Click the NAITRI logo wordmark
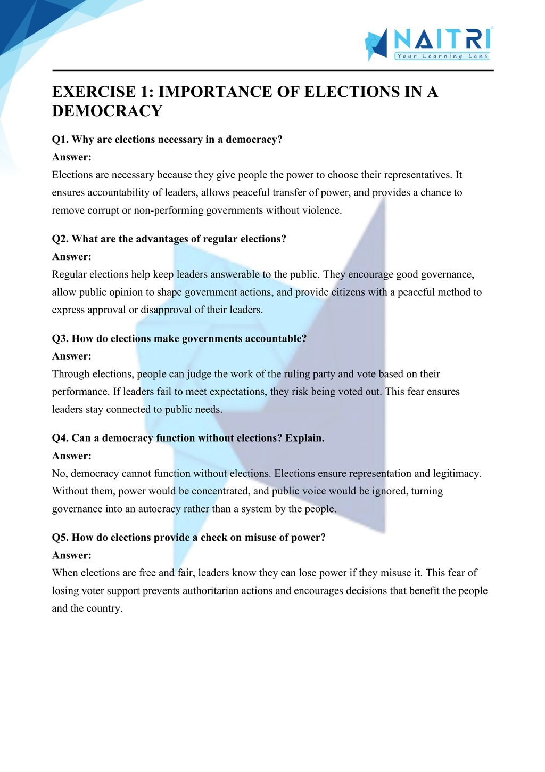pyautogui.click(x=442, y=39)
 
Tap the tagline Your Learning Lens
pyautogui.click(x=442, y=56)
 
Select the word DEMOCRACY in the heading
pyautogui.click(x=107, y=111)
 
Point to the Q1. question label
pyautogui.click(x=60, y=140)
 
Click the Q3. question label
pyautogui.click(x=60, y=338)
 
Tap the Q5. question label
pyautogui.click(x=60, y=538)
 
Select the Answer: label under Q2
pyautogui.click(x=72, y=257)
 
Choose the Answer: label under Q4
pyautogui.click(x=72, y=456)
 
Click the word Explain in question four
pyautogui.click(x=304, y=438)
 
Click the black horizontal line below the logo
pyautogui.click(x=272, y=70)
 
